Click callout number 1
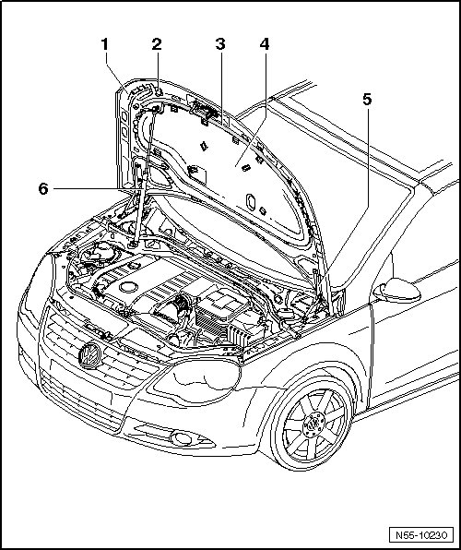104,44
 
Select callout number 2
157,44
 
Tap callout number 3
220,44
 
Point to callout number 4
265,44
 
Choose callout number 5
367,100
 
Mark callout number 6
43,189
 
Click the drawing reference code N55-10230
421,535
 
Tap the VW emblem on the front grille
90,355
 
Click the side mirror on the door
396,291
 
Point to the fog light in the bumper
181,438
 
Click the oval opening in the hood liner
251,202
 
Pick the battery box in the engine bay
221,309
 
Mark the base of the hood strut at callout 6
133,244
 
